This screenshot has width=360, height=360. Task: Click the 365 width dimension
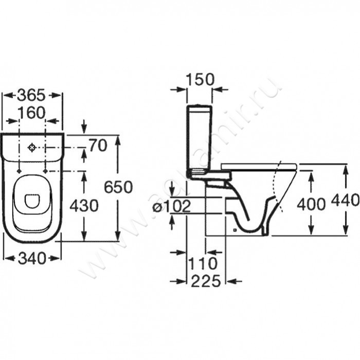[31, 95]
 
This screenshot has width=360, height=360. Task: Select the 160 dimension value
[31, 113]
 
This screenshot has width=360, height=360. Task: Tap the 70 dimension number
[98, 145]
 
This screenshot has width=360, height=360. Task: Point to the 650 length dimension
[118, 187]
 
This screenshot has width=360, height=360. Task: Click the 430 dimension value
[84, 206]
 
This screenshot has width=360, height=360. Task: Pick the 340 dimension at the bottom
[32, 258]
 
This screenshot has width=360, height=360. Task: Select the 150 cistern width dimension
[200, 79]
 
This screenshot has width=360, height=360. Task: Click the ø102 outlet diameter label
[172, 206]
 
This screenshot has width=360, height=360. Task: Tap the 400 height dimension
[311, 204]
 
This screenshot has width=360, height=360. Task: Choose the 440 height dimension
[345, 200]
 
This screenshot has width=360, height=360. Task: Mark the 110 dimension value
[203, 263]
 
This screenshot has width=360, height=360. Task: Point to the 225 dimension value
[206, 281]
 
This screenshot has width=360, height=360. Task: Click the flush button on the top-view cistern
[32, 148]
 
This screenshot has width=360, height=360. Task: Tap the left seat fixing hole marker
[19, 171]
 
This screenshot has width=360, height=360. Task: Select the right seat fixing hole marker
[45, 171]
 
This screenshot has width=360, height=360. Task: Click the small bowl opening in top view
[32, 201]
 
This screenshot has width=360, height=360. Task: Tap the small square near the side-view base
[234, 229]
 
